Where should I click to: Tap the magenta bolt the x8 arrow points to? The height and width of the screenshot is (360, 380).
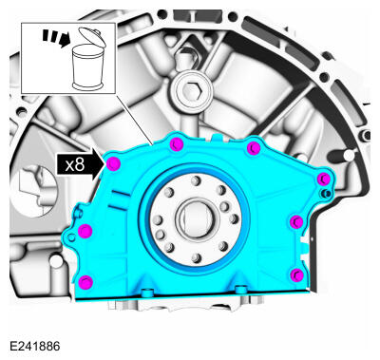(x=113, y=164)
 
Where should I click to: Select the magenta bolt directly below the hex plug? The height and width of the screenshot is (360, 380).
(x=178, y=143)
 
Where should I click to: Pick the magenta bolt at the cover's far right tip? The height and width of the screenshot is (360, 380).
(x=323, y=180)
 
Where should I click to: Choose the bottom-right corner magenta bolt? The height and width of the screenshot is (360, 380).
(x=295, y=275)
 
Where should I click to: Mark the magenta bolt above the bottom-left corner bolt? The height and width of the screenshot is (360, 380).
(x=85, y=232)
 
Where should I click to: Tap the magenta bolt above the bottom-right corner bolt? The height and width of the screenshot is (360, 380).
(x=296, y=221)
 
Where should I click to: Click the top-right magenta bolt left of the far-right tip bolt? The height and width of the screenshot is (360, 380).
(x=254, y=148)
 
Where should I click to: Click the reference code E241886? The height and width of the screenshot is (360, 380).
(x=34, y=347)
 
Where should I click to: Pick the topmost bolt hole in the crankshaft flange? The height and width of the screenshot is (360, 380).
(x=195, y=180)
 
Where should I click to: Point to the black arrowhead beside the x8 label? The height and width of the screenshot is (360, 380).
(x=97, y=163)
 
